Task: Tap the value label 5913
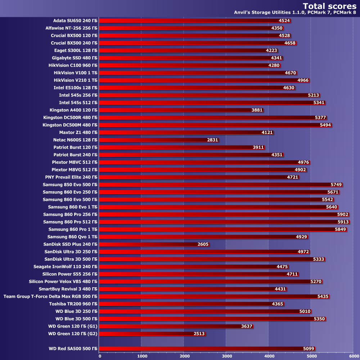[343, 222]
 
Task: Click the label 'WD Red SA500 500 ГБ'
[73, 348]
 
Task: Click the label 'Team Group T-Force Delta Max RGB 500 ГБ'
[50, 297]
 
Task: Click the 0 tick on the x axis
[100, 356]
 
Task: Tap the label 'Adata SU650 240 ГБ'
[75, 21]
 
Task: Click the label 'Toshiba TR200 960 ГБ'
[73, 304]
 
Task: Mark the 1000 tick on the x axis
[142, 356]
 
